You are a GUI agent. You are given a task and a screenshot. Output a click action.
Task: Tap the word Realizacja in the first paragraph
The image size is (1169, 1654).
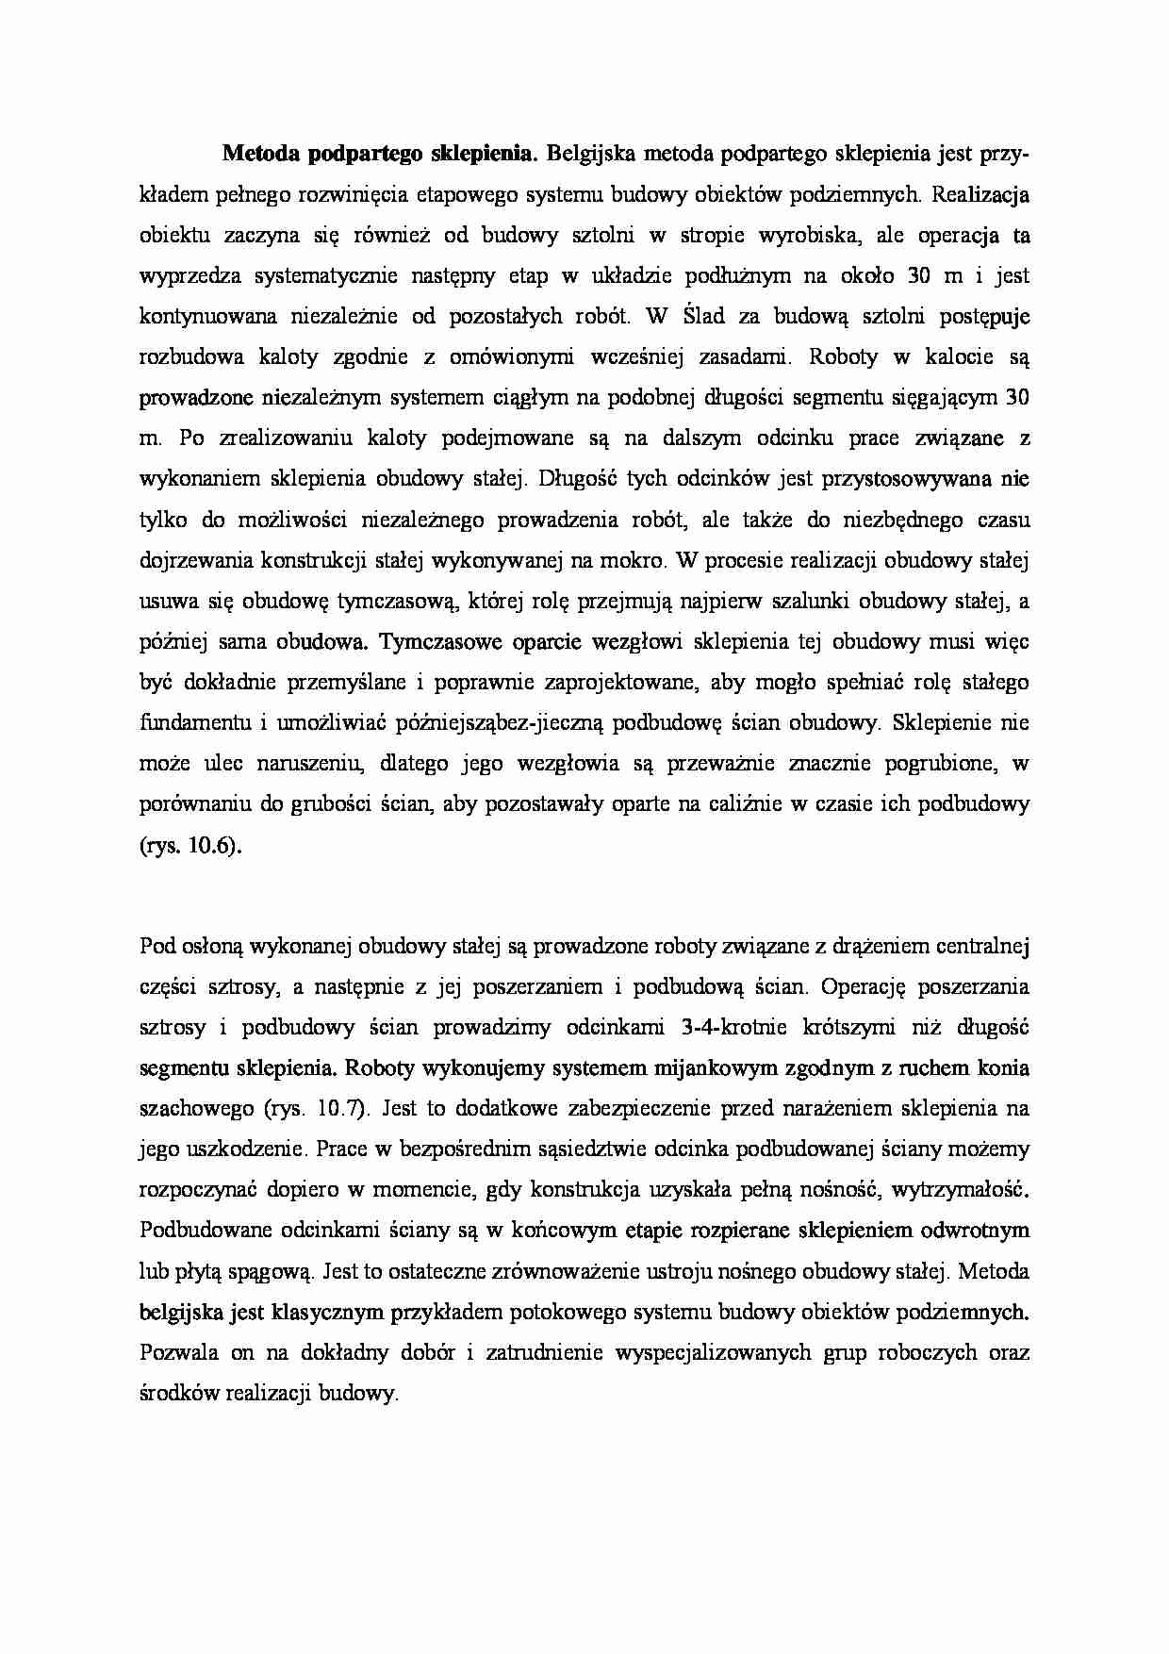coord(980,194)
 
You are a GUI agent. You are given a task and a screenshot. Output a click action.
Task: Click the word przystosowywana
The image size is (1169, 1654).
coord(906,479)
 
